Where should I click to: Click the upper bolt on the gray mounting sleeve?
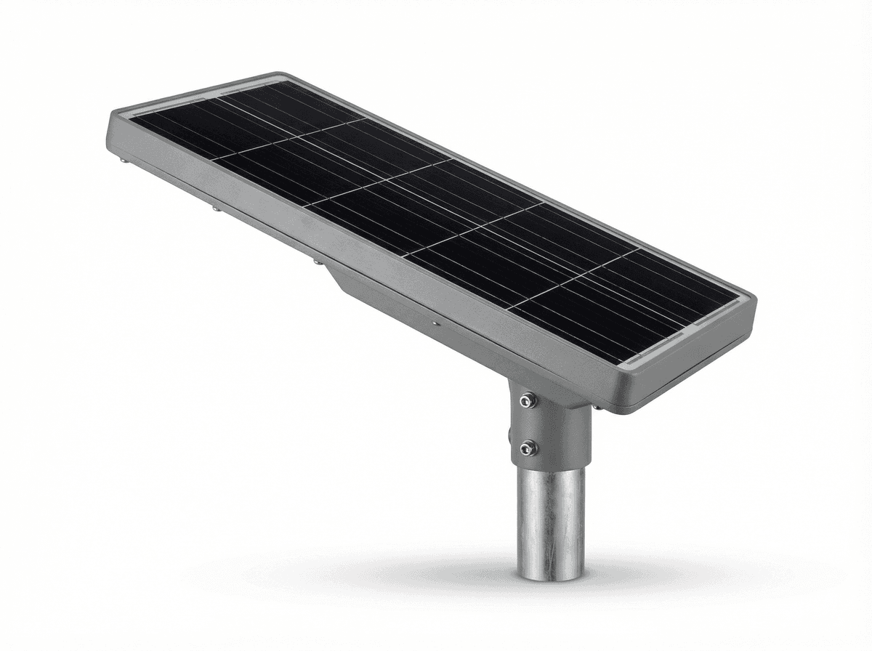tap(528, 400)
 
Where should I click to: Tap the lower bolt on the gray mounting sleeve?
tap(528, 448)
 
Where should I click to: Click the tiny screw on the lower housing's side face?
tap(434, 323)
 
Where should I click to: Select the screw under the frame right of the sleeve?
tap(597, 407)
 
